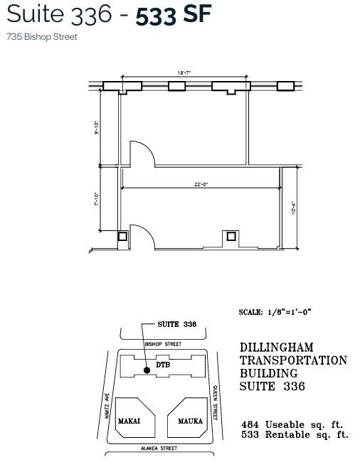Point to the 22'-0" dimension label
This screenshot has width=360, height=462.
coord(200,183)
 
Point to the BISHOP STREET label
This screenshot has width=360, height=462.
coord(163,344)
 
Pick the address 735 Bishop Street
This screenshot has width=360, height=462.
coord(42,36)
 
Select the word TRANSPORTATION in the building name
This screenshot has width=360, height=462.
coord(292,360)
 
